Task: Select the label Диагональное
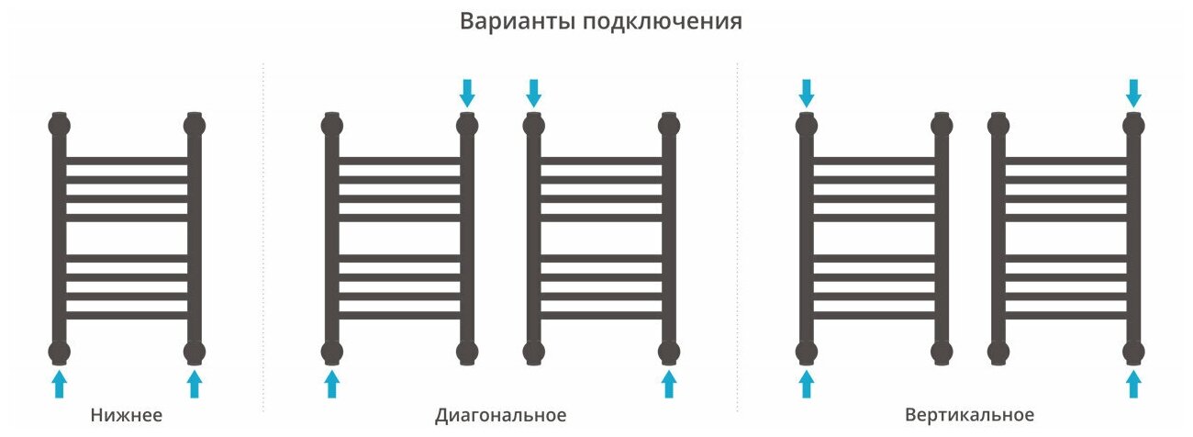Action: pos(500,415)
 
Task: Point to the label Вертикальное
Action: pos(969,415)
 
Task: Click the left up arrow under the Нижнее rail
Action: pos(60,383)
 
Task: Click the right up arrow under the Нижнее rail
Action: pos(195,383)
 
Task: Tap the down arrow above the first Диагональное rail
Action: pos(467,92)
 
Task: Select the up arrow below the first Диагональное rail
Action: pos(332,383)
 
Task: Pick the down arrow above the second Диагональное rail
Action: pos(533,92)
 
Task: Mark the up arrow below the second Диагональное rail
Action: pos(669,383)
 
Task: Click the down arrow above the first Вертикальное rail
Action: pos(807,92)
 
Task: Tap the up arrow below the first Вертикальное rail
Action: pos(807,383)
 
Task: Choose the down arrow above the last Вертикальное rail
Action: pos(1134,92)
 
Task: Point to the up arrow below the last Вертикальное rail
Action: pos(1134,383)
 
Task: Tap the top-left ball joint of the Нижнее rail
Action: pos(60,124)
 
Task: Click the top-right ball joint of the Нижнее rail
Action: pos(195,124)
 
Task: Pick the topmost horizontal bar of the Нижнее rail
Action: pos(127,161)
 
